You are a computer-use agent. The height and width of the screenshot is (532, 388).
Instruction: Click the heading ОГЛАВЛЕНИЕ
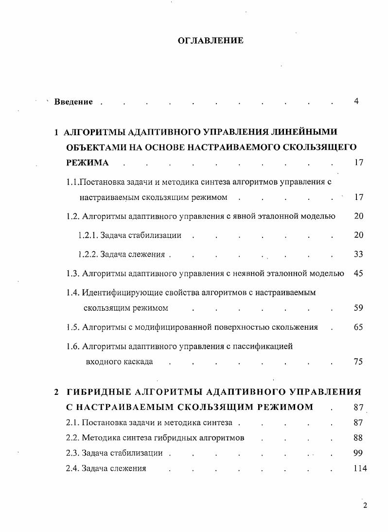tap(211, 41)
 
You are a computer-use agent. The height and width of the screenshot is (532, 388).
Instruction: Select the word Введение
tap(73, 102)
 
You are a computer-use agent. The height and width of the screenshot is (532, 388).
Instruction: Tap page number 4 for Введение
tap(356, 101)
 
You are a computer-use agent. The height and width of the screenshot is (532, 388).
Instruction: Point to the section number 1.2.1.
tap(88, 235)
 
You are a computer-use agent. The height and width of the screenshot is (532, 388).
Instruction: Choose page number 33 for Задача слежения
tap(358, 254)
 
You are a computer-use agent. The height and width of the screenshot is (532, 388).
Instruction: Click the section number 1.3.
tap(73, 273)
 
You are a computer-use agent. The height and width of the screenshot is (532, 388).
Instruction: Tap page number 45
tap(358, 273)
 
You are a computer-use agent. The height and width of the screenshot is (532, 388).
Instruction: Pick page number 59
tap(358, 308)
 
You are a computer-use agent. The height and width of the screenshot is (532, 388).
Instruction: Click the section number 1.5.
tap(73, 327)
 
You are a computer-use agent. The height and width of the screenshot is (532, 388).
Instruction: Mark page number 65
tap(358, 327)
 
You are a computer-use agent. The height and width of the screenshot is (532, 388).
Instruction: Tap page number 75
tap(358, 361)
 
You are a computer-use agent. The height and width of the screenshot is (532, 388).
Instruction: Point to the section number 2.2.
tap(72, 438)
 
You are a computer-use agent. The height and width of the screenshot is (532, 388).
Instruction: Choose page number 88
tap(358, 438)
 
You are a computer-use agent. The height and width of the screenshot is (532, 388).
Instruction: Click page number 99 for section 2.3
tap(358, 453)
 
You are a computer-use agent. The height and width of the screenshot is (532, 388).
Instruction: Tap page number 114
tap(360, 469)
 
